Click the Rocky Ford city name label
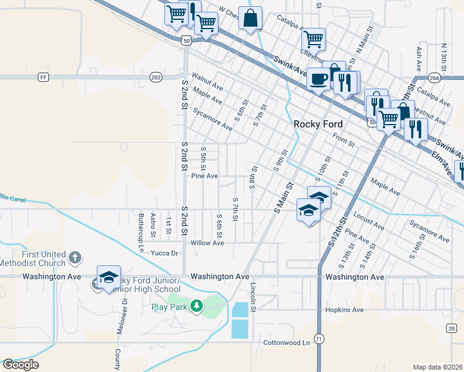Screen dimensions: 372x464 point(318,124)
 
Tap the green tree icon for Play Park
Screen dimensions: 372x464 point(197,306)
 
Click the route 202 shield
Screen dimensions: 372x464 point(156,77)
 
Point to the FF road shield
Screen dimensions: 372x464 point(43,77)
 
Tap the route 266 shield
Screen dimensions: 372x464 point(434,77)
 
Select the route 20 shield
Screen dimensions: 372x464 point(451,327)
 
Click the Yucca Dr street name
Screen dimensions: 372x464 point(166,253)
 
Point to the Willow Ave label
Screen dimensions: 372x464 point(207,243)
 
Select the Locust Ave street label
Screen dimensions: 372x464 point(365,218)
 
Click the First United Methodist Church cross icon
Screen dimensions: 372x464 point(74,257)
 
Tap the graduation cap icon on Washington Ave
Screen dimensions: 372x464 point(109,277)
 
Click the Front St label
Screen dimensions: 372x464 point(343,140)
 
